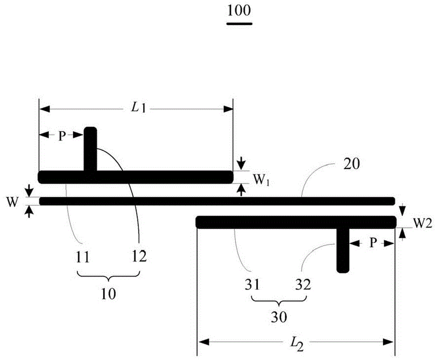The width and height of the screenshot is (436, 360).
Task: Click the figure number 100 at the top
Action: point(239,11)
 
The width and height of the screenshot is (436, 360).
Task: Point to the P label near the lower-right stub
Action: point(372,243)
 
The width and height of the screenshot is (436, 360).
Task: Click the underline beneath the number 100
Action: point(239,24)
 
